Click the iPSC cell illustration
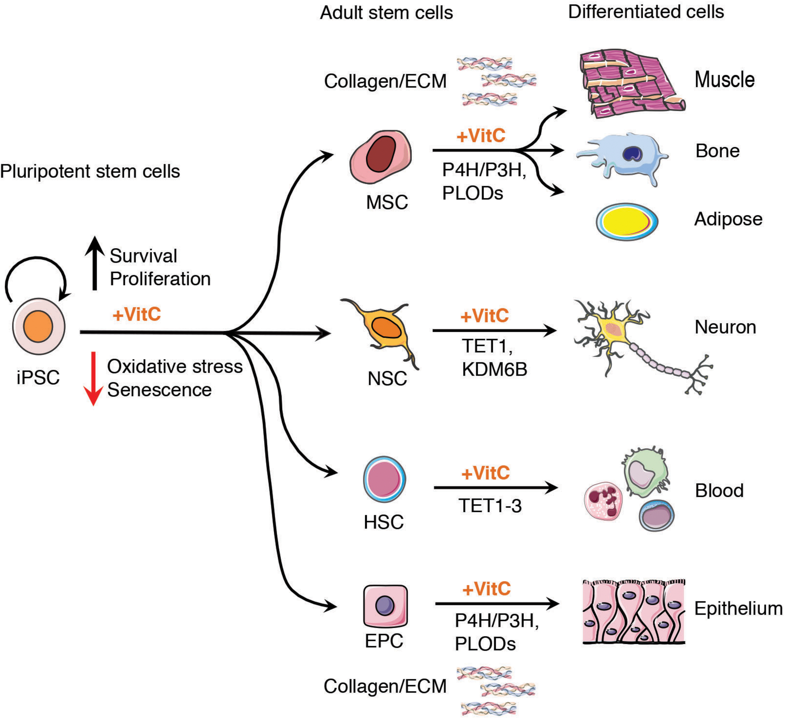(39, 326)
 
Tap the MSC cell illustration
(381, 157)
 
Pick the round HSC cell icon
(384, 479)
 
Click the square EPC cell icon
(385, 606)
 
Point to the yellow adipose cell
(627, 221)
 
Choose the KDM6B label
(495, 369)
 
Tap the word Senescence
(159, 390)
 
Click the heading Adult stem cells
(386, 13)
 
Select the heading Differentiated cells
(646, 12)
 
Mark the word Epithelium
(738, 608)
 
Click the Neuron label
(725, 327)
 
